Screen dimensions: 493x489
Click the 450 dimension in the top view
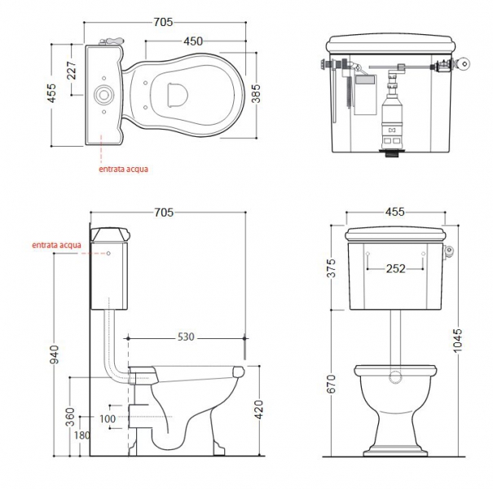pos(193,42)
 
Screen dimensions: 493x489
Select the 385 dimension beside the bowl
pos(256,93)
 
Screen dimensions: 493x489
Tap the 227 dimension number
pos(72,70)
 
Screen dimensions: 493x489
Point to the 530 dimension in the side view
pos(186,337)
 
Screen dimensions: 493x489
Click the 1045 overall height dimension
pos(458,341)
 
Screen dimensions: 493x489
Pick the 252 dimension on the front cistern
pos(395,269)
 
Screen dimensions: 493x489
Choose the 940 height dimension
pos(55,354)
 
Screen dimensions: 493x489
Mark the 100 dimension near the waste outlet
pos(108,419)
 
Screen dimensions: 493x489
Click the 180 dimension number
pos(81,435)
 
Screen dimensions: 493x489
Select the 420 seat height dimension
pos(258,409)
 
